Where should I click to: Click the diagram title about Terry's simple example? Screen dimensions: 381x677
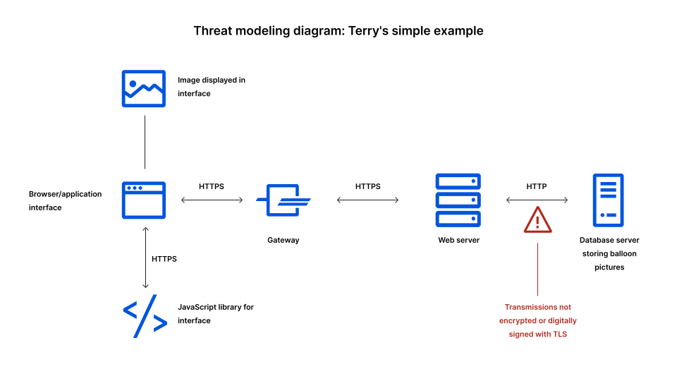(338, 31)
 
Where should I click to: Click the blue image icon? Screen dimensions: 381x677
(144, 88)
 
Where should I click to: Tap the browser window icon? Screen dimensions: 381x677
(144, 200)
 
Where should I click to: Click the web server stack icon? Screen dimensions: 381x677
(458, 200)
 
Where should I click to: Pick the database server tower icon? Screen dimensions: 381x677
(608, 200)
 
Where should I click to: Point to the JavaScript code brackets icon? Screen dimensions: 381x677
(145, 315)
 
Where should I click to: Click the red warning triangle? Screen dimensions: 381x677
(537, 220)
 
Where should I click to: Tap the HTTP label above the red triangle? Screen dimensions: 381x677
(537, 186)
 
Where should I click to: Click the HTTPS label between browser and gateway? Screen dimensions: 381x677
(212, 186)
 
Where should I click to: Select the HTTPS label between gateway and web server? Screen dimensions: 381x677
(367, 186)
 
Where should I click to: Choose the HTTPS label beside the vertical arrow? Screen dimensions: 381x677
(164, 259)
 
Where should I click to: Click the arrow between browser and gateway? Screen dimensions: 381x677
(212, 200)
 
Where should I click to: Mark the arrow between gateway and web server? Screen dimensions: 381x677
(368, 200)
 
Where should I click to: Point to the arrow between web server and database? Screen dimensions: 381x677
(537, 200)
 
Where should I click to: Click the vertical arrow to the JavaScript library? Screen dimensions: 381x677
(145, 258)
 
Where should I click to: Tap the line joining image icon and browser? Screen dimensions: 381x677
(145, 142)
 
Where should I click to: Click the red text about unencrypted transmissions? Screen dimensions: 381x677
(537, 320)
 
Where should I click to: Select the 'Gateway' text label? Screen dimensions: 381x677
(283, 240)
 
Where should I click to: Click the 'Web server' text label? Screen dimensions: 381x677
(458, 240)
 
